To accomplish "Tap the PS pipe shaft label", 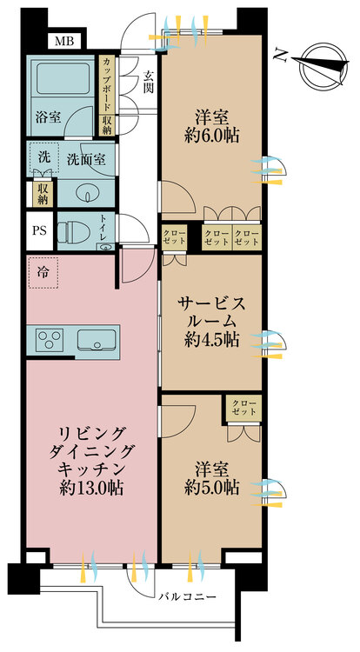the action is coord(40,230).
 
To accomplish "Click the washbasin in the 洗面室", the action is coord(88,193).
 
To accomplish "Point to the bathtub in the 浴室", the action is coord(63,78).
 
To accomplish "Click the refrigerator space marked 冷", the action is coord(43,273).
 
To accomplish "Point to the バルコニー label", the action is coord(187,597).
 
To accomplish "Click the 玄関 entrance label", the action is coord(148,83).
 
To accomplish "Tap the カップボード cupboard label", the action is coord(106,84).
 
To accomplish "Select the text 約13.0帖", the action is coord(91,488).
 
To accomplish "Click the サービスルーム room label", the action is coord(211,313).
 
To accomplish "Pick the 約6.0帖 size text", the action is coord(211,136).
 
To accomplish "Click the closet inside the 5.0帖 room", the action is coord(244,408).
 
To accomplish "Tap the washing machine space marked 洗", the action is coord(43,157).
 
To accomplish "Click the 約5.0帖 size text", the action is coord(211,488).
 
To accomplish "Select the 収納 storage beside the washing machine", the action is coord(43,194).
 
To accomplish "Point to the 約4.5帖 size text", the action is coord(211,340).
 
